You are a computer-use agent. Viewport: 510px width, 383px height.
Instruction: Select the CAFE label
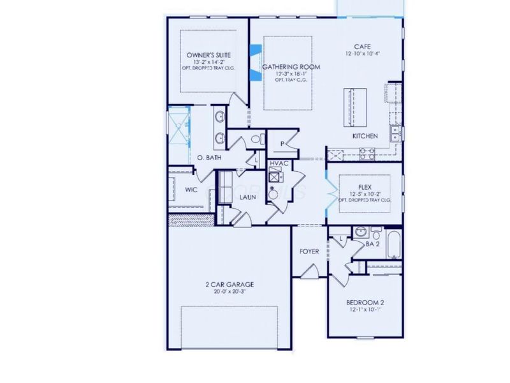363,47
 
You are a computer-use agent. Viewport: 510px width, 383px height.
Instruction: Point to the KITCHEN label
365,136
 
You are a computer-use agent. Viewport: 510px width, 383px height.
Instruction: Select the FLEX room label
365,186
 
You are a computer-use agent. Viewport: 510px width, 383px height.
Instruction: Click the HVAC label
279,163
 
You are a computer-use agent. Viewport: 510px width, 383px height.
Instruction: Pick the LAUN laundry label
247,197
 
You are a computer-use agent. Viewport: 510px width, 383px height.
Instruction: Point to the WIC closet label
192,190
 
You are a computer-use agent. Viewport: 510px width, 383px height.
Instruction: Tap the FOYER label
309,252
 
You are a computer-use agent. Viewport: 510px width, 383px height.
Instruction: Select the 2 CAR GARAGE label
230,284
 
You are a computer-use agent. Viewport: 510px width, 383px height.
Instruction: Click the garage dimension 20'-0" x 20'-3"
230,292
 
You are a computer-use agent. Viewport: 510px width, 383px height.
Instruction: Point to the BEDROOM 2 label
365,303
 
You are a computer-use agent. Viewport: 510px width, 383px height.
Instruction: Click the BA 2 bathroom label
373,244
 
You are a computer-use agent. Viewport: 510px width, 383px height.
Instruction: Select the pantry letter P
280,145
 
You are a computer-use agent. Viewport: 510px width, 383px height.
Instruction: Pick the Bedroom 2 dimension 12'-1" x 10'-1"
365,311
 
